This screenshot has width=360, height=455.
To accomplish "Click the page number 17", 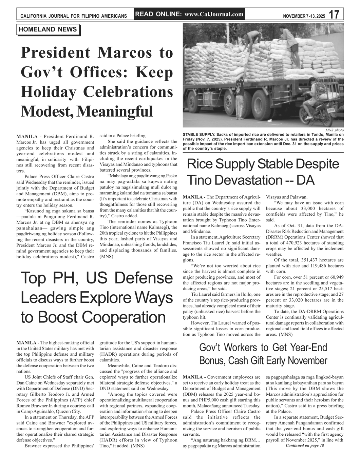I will click(334, 14).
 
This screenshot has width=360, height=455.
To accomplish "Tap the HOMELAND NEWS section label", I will click(48, 29).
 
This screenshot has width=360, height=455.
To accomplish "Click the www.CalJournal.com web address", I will click(214, 14).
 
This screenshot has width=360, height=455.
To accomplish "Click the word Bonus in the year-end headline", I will click(212, 360).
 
